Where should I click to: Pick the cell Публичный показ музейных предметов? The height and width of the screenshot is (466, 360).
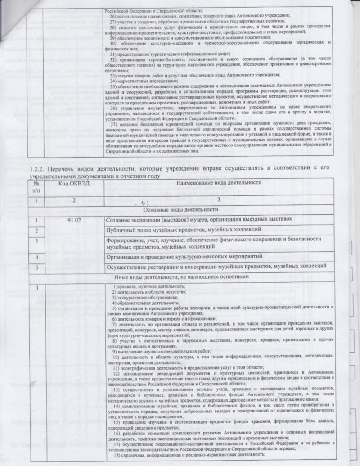click(x=184, y=230)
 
